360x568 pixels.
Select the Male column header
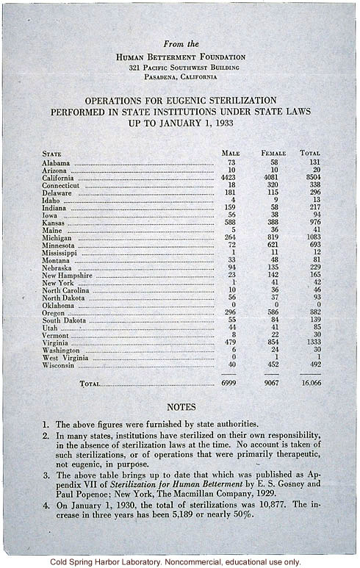[231, 153]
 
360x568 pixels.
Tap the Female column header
[273, 153]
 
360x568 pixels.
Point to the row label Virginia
[57, 343]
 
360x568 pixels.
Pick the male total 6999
[231, 384]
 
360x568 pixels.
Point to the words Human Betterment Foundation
[181, 57]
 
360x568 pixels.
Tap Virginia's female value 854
[273, 343]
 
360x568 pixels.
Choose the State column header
[52, 153]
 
